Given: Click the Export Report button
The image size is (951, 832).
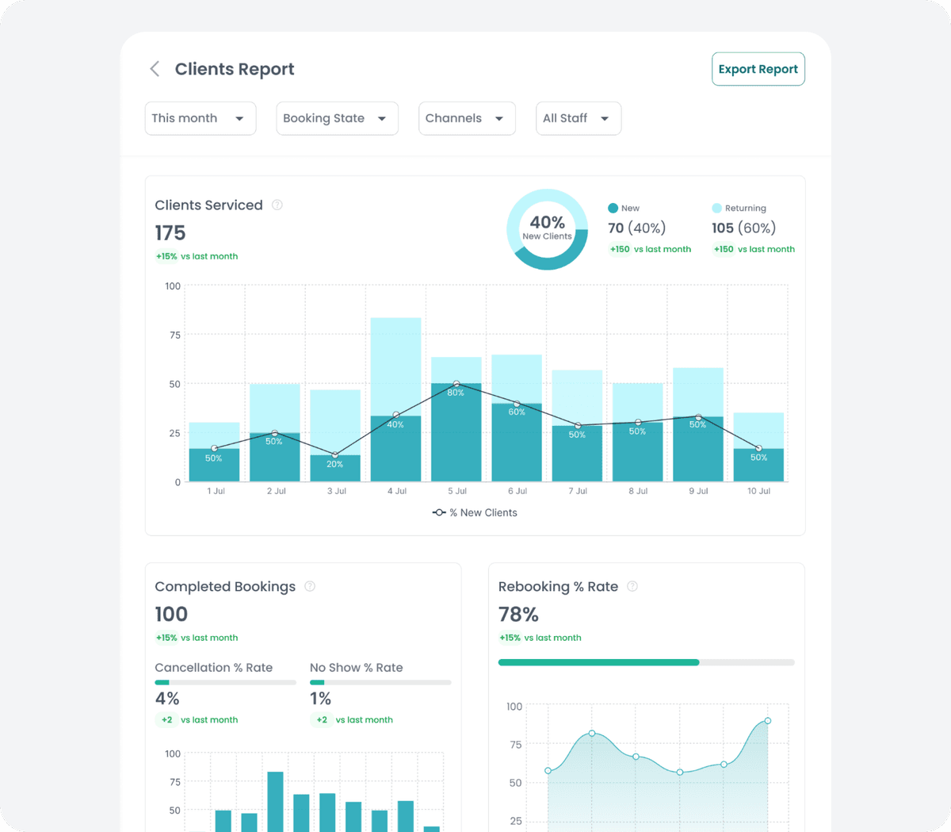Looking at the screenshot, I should [758, 69].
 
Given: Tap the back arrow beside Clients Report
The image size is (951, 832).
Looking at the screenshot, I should [155, 69].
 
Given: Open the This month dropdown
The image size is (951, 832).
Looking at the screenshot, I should [200, 118].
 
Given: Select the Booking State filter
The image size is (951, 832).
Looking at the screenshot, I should [336, 118].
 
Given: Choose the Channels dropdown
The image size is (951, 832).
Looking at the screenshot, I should [466, 118].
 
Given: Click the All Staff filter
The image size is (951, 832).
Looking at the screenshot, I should [578, 118].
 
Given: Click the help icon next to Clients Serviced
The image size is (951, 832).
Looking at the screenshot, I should [277, 205].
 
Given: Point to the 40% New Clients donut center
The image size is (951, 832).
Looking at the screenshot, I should [547, 228].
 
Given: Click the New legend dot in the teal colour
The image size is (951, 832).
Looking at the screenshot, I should [613, 208].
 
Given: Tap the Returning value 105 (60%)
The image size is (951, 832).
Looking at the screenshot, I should [743, 228].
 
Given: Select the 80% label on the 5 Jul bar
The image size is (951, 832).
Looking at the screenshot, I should [456, 393].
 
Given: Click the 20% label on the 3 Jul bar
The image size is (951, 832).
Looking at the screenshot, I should [335, 464].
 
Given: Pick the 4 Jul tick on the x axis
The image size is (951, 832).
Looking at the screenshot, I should [397, 491].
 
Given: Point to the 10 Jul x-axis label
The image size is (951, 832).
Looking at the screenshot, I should [758, 491].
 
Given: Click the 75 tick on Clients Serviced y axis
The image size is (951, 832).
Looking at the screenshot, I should [174, 335].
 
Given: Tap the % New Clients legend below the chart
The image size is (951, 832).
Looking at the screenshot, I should [475, 512].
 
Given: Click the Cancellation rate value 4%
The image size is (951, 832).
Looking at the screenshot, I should [167, 699].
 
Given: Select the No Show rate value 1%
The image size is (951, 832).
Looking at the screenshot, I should [320, 699].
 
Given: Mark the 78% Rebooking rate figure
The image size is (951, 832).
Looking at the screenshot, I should [518, 615].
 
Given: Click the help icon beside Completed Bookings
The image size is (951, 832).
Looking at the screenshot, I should [310, 586].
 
